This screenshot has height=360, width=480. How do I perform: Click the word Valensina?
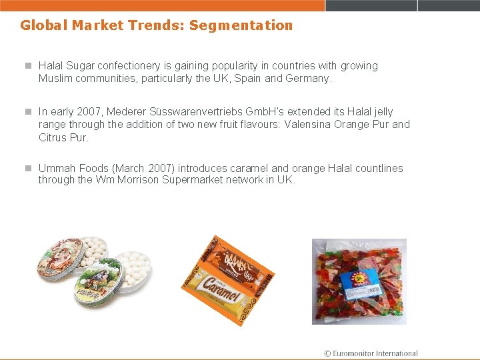click(x=311, y=125)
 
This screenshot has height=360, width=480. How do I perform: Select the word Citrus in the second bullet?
click(x=53, y=137)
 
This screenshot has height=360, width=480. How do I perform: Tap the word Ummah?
click(x=56, y=169)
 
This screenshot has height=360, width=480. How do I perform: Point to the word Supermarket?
click(x=193, y=181)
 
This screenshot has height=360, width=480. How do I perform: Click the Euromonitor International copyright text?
click(x=371, y=353)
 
